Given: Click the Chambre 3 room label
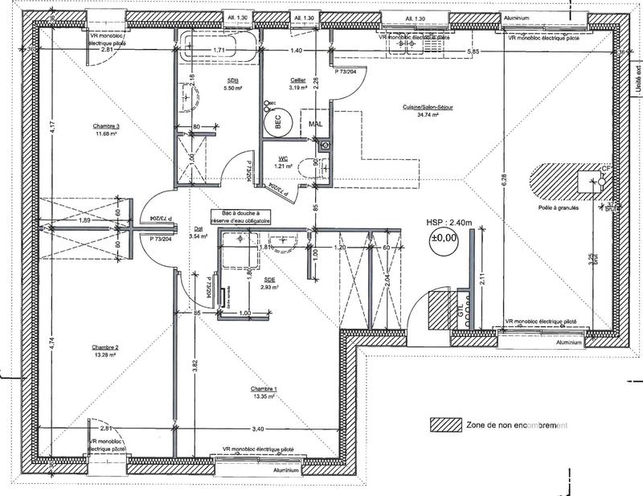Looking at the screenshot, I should (x=105, y=126).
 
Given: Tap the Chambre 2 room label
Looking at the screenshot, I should (x=105, y=347).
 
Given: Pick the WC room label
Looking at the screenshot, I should (x=284, y=159).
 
